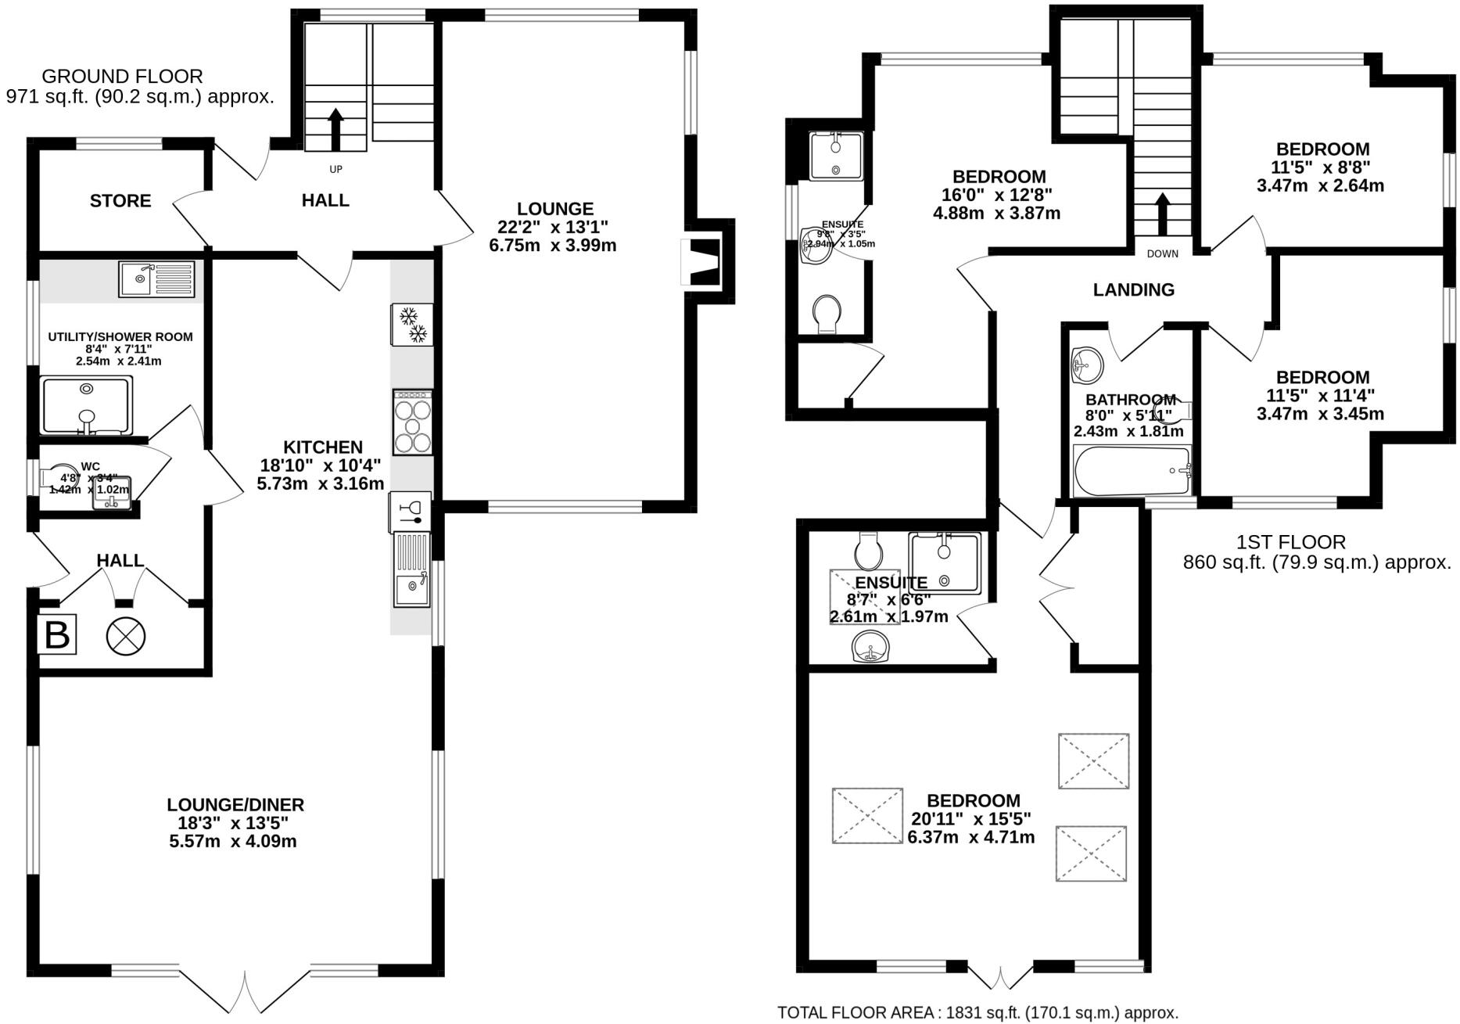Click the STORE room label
[x=120, y=201]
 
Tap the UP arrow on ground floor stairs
[x=335, y=129]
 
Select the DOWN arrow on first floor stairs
[x=1162, y=213]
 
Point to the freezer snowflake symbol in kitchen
[x=412, y=325]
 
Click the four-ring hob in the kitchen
[x=413, y=422]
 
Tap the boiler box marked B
[x=57, y=634]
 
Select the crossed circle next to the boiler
[x=126, y=635]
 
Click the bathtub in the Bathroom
[x=1131, y=471]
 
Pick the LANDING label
[x=1133, y=290]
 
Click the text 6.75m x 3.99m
[x=556, y=246]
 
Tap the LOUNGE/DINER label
[x=235, y=804]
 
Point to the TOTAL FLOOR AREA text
[x=978, y=1012]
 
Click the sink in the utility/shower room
[x=156, y=279]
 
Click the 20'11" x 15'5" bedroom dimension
[x=971, y=819]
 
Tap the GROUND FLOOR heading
[x=122, y=77]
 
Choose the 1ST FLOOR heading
[x=1290, y=541]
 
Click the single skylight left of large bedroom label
[x=866, y=816]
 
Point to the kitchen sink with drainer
[x=411, y=569]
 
